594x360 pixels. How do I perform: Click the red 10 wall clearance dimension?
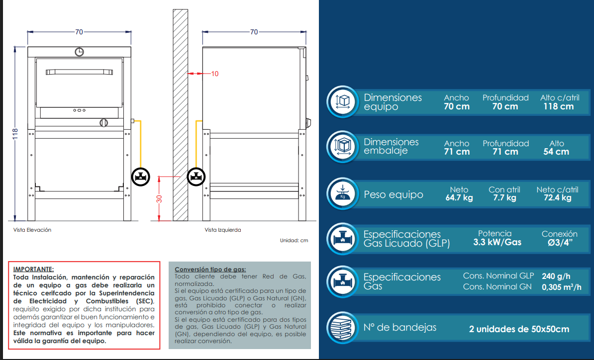tap(215, 74)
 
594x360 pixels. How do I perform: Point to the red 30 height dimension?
tap(159, 199)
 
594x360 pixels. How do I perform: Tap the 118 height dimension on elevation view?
tap(15, 134)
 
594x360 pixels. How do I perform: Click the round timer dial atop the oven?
tap(79, 52)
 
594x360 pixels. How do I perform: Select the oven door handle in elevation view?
tap(79, 72)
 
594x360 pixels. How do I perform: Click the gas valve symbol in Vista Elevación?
tap(141, 177)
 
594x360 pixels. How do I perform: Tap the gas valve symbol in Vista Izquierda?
tap(196, 177)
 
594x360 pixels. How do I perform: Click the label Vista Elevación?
tap(32, 230)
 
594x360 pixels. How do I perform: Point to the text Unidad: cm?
tap(294, 240)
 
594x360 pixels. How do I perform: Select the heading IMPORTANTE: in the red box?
tap(33, 269)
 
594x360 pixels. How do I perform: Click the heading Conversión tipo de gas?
tap(210, 270)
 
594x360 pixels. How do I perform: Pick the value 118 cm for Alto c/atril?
tap(558, 106)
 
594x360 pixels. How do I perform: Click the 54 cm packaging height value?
tap(556, 152)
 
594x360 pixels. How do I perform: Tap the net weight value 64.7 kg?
tap(459, 197)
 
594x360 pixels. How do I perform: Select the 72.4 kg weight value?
tap(558, 197)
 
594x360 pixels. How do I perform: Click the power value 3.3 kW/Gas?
tap(497, 242)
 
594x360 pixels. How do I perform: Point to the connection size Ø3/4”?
tap(560, 243)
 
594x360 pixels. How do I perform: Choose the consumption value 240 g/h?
tap(556, 276)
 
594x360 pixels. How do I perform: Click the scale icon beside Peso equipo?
tap(343, 194)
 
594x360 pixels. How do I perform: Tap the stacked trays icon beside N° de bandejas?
tap(343, 328)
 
